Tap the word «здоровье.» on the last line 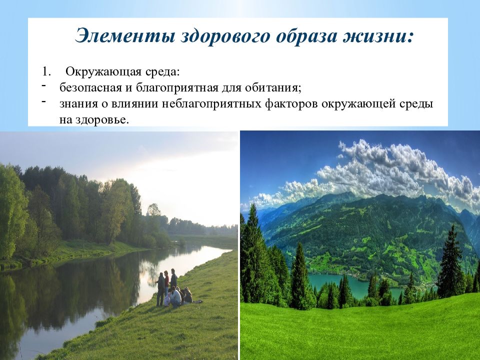point(104,120)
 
